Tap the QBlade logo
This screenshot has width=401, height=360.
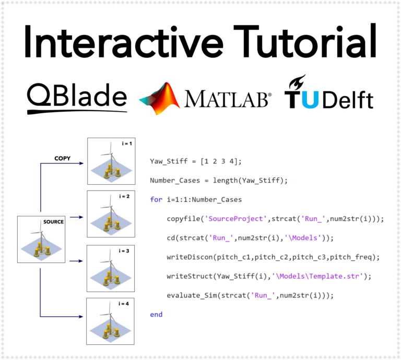(77, 96)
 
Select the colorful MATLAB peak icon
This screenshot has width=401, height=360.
(159, 98)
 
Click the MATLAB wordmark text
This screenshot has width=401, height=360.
(227, 99)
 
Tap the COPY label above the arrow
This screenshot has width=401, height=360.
(63, 158)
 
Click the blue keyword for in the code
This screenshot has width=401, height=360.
(156, 200)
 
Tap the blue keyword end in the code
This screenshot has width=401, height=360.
(156, 315)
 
